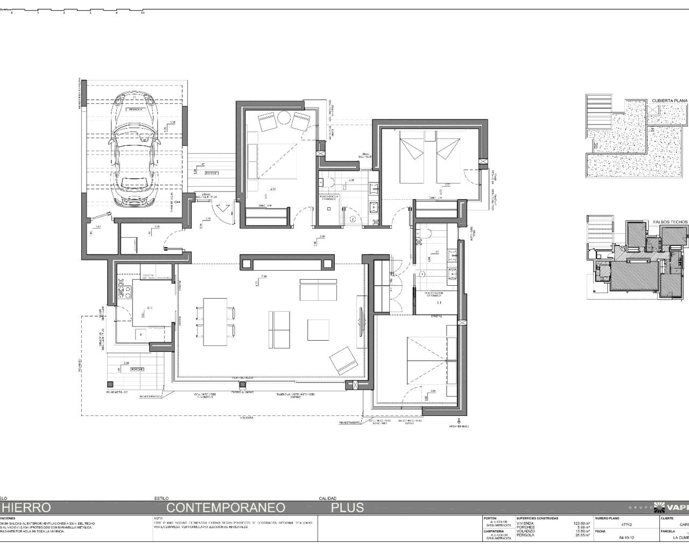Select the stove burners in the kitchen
click(x=128, y=292)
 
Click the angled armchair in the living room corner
click(x=343, y=360)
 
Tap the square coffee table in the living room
click(x=318, y=330)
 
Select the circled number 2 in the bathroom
click(x=352, y=218)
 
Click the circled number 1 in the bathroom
click(x=422, y=274)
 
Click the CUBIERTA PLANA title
click(x=669, y=101)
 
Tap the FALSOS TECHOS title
click(x=670, y=222)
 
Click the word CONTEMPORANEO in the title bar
click(x=226, y=507)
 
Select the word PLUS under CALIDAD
click(x=347, y=507)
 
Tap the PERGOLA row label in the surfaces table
click(x=526, y=535)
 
